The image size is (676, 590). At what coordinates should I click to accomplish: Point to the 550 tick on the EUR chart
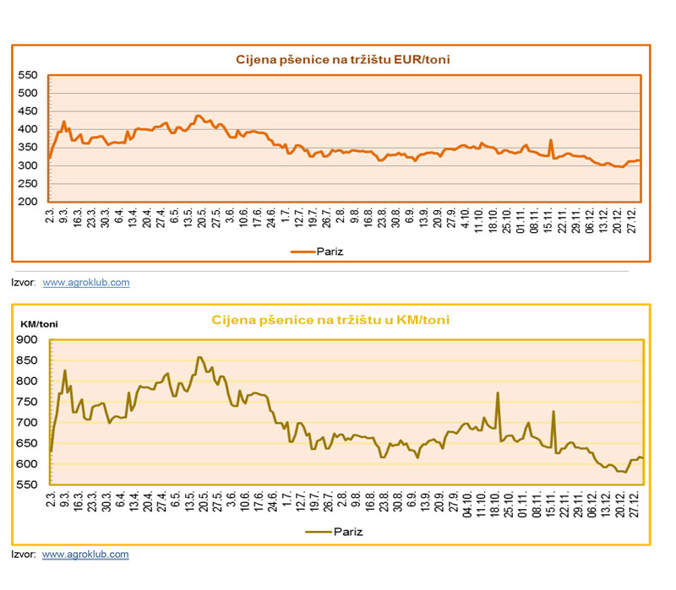pyautogui.click(x=28, y=75)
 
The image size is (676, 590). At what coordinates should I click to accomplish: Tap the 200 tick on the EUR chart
pyautogui.click(x=28, y=203)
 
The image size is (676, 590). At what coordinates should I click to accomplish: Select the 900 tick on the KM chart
pyautogui.click(x=28, y=339)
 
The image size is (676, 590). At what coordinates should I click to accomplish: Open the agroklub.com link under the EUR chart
pyautogui.click(x=85, y=283)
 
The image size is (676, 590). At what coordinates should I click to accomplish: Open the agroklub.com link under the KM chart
pyautogui.click(x=85, y=555)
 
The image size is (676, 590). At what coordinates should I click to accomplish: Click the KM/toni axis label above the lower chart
pyautogui.click(x=38, y=322)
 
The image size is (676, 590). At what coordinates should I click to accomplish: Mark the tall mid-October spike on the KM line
pyautogui.click(x=498, y=392)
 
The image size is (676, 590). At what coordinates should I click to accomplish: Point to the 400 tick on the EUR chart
pyautogui.click(x=28, y=129)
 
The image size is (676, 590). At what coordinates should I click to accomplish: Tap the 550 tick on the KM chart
pyautogui.click(x=28, y=485)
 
